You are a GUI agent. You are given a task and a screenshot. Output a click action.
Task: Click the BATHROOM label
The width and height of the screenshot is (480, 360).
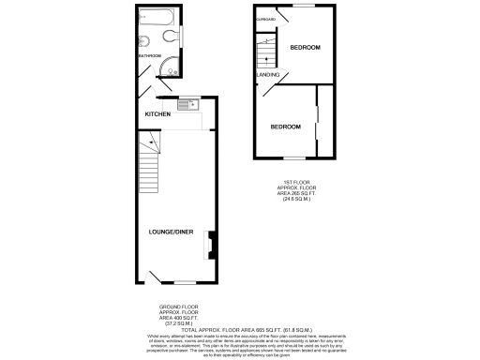(x=150, y=56)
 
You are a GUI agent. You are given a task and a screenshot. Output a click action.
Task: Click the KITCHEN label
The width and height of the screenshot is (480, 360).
(x=157, y=114)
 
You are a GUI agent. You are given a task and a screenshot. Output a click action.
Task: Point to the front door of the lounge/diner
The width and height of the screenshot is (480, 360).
(x=155, y=277)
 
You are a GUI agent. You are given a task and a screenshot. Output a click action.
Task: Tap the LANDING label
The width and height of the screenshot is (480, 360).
(x=268, y=74)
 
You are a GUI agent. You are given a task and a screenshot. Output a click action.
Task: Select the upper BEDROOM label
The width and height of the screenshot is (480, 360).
(x=305, y=48)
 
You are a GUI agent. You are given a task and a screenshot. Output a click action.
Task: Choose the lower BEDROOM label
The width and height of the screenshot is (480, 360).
(x=286, y=127)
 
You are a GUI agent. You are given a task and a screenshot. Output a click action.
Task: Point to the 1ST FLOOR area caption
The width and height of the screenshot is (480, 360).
(x=298, y=192)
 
